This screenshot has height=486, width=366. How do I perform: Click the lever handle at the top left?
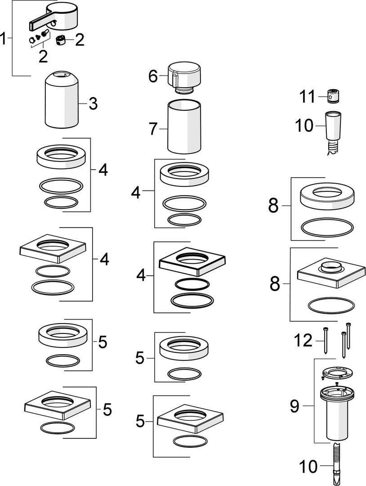(x=54, y=18)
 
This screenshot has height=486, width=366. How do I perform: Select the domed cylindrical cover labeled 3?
(x=62, y=100)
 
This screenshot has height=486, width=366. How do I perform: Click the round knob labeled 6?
(x=184, y=77)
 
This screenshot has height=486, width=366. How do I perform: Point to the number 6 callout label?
(x=153, y=76)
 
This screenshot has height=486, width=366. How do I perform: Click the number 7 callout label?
(x=154, y=129)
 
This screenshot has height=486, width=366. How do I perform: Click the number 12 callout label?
(x=303, y=340)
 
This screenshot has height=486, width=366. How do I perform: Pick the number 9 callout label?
(x=295, y=406)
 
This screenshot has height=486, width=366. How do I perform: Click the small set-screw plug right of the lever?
(x=61, y=40)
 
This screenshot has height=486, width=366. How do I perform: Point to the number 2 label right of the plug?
(x=80, y=40)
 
